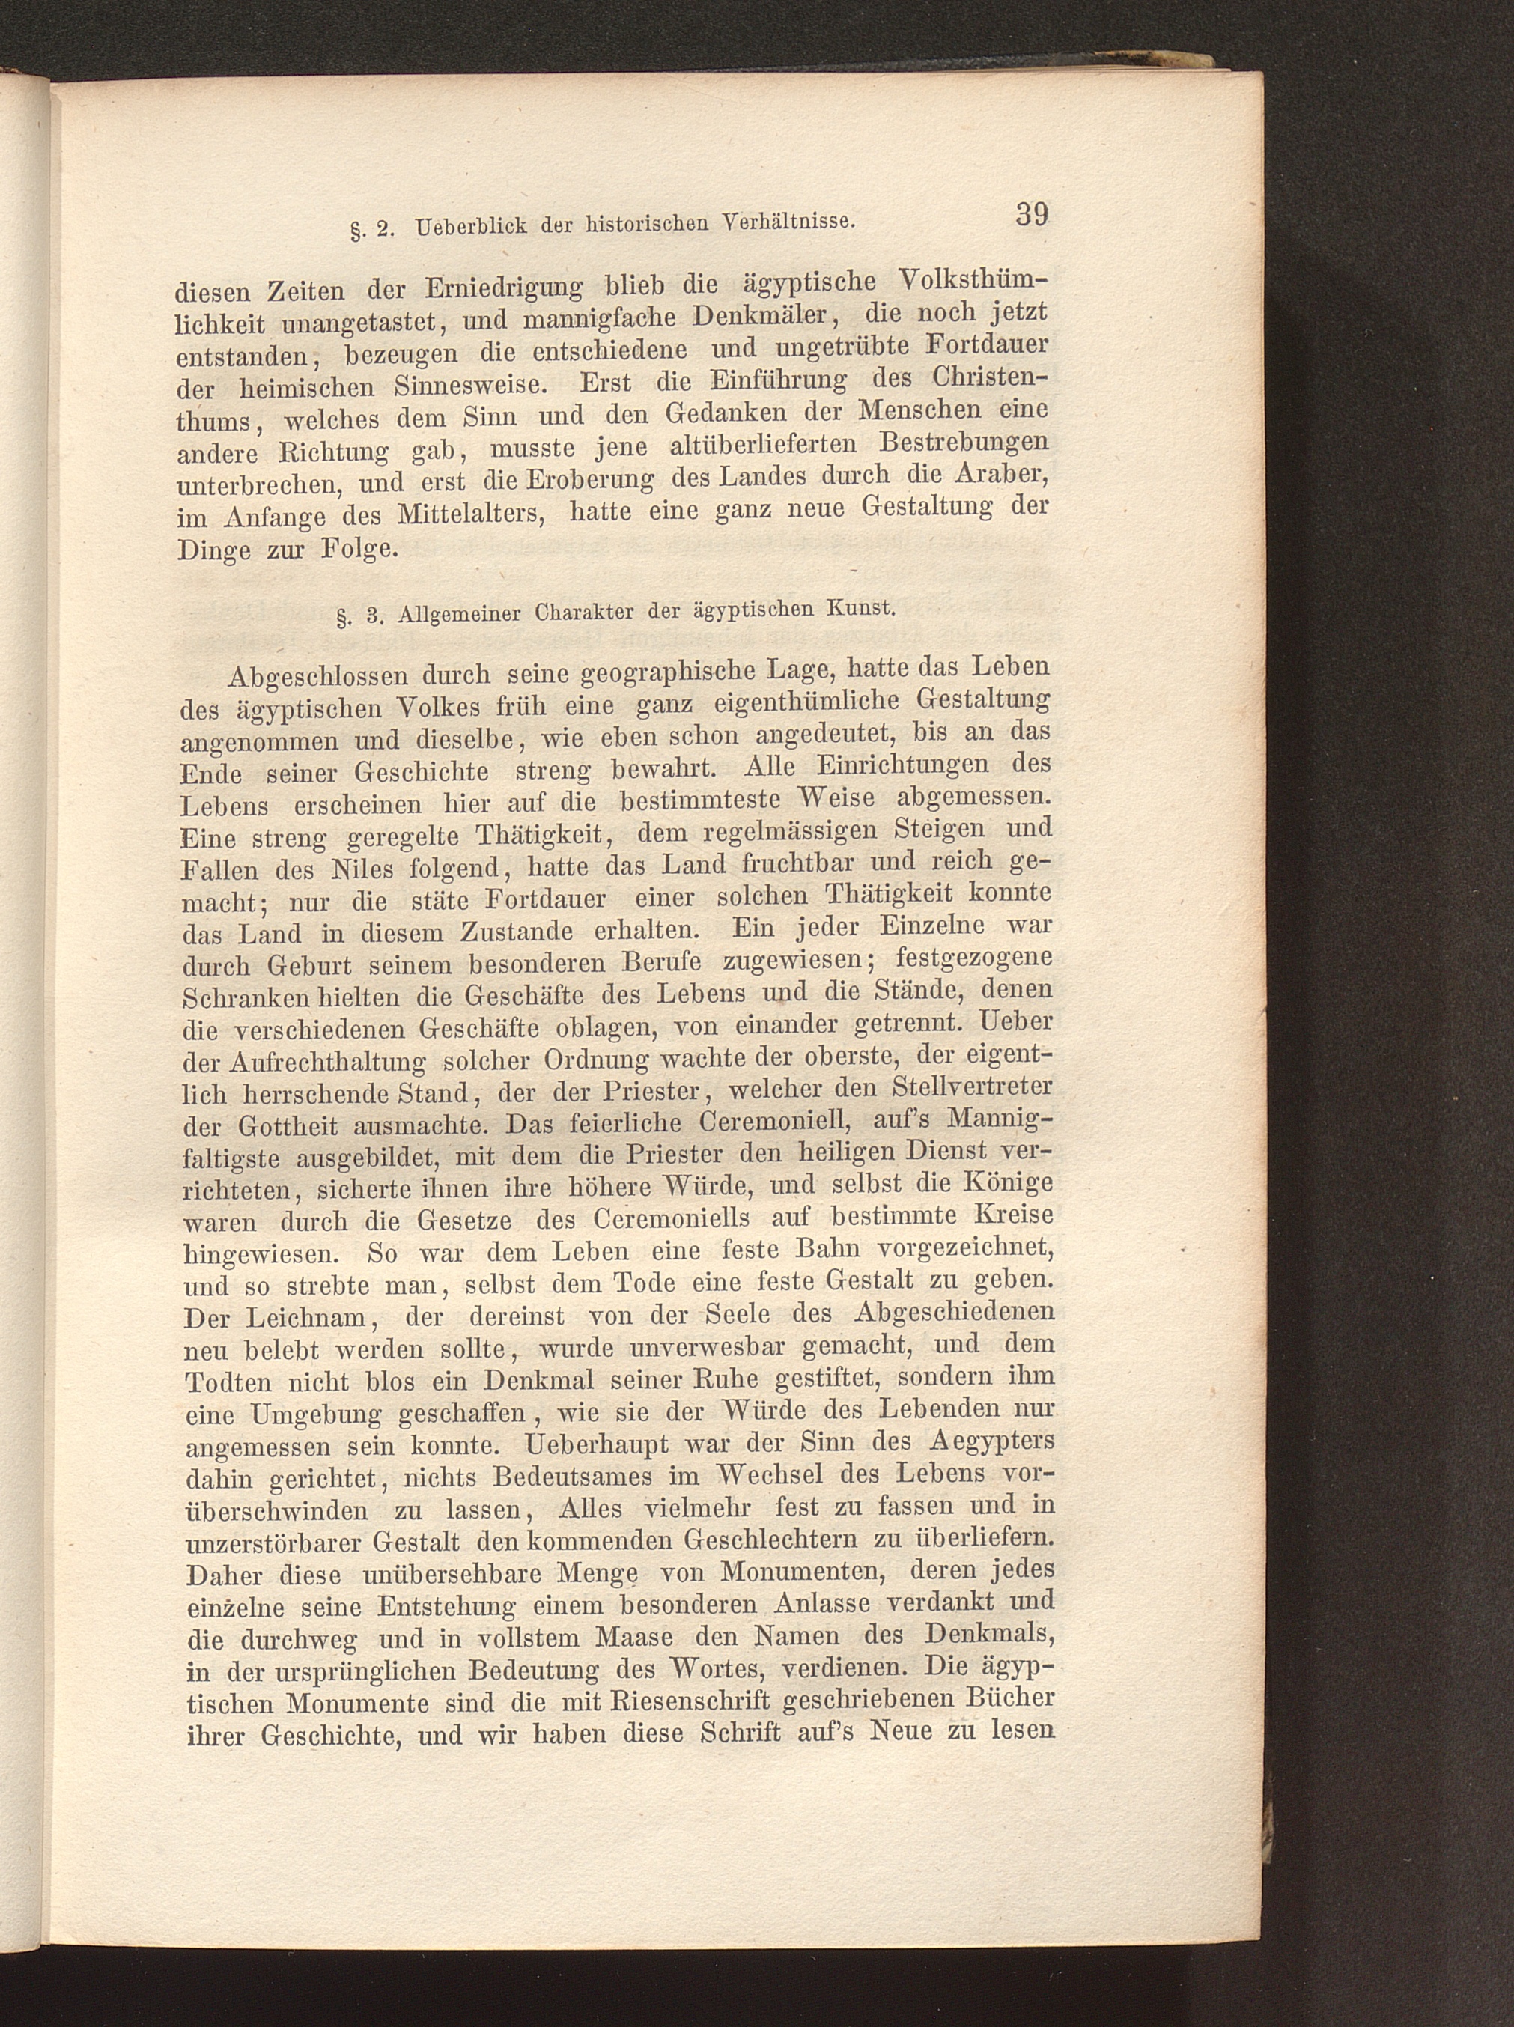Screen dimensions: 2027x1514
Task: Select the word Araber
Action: tap(1003, 475)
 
